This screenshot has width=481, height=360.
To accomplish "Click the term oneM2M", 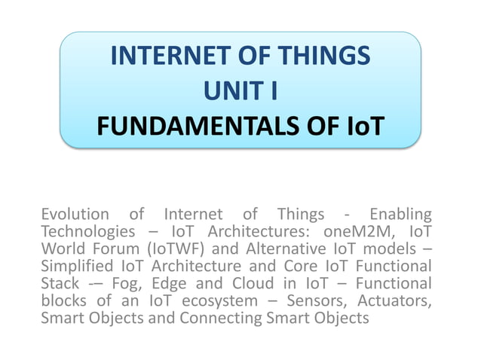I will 354,231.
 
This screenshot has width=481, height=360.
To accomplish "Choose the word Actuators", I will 398,301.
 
